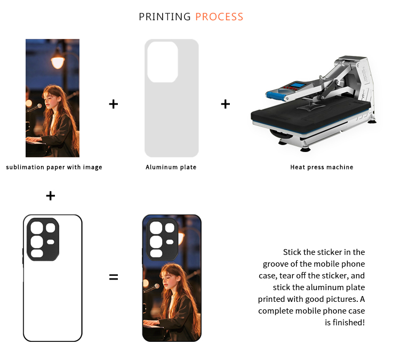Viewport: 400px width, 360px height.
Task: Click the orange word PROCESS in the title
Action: coord(219,17)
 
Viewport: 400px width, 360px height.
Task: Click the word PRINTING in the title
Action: coord(165,17)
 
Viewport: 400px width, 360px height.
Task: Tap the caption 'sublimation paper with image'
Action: coord(54,167)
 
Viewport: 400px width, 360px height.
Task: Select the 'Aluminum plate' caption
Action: coord(171,167)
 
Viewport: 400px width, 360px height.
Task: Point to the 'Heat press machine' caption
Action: coord(322,167)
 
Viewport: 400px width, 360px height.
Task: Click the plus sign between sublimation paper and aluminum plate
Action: coord(114,104)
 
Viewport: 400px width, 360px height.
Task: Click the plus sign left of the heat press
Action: coord(226,104)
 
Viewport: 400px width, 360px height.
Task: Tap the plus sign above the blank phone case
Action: coord(51,196)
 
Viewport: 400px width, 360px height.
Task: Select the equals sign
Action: coord(114,277)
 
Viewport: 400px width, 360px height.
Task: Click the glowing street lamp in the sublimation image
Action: coord(58,61)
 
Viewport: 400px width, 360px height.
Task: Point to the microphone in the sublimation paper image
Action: coord(35,107)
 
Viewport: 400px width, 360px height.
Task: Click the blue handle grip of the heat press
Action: coord(276,96)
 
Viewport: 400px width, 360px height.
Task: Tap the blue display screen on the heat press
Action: coord(298,85)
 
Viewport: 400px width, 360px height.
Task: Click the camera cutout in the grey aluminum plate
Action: coord(163,62)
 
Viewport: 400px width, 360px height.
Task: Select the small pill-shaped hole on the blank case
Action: coord(51,242)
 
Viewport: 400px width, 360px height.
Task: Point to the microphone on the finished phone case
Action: coord(152,288)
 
